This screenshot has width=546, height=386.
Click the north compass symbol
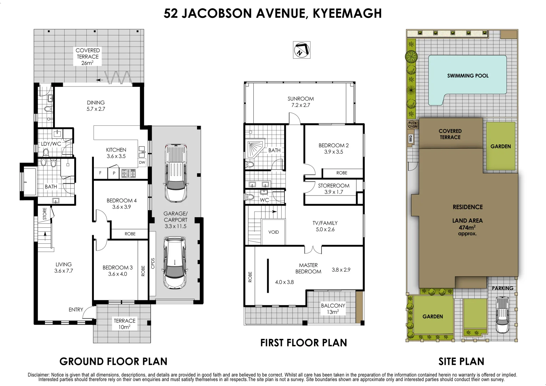point(302,50)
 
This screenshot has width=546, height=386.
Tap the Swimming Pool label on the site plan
point(468,76)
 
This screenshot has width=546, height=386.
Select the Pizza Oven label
point(413,125)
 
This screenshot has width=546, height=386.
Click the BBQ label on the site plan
point(410,138)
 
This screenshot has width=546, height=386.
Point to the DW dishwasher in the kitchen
point(142,162)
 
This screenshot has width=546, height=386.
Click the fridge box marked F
point(100,173)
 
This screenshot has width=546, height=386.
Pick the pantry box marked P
point(114,173)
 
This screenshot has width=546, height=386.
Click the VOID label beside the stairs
point(273,232)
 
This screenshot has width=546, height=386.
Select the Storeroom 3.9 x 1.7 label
point(333,189)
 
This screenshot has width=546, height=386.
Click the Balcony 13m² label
point(333,308)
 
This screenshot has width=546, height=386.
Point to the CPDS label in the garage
point(153,263)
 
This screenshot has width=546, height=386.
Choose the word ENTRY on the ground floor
point(76,310)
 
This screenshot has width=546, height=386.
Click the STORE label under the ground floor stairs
point(45,214)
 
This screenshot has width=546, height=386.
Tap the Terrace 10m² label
point(124,324)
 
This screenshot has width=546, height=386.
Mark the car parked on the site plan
point(502,315)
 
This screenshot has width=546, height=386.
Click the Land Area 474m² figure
point(467,227)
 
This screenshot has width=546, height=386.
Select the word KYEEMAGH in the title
point(347,14)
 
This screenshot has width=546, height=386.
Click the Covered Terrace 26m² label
point(87,56)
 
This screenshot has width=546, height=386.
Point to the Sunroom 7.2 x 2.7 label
point(300,102)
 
